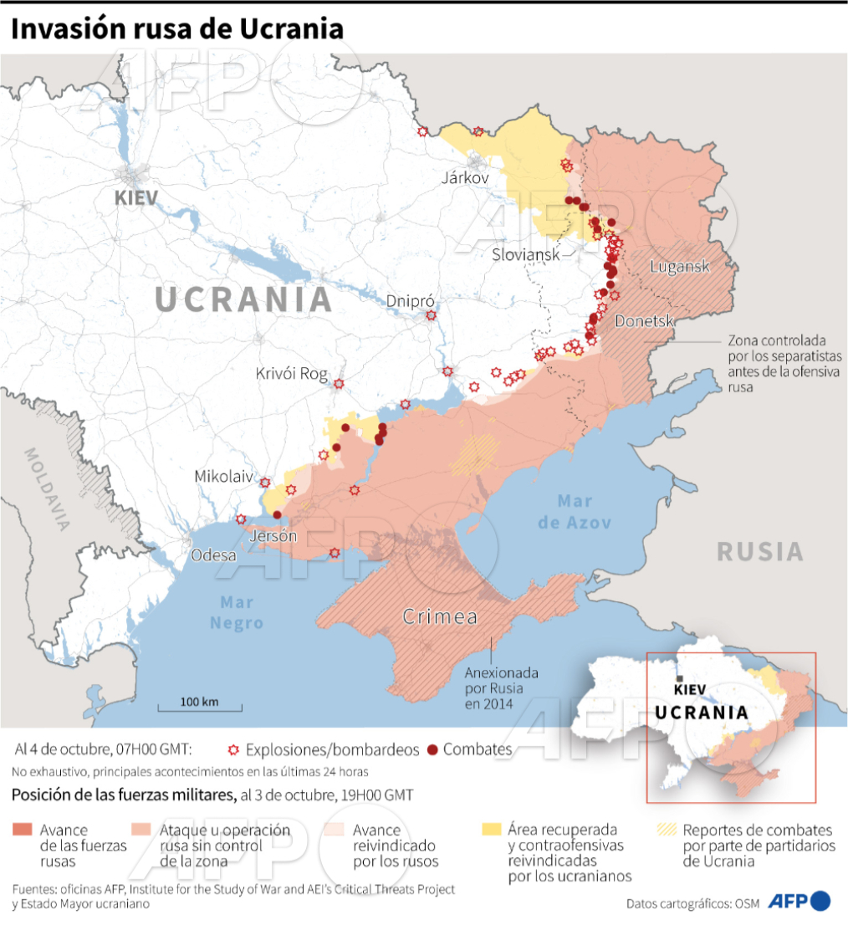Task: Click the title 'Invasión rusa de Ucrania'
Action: point(177,28)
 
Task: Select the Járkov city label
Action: point(465,178)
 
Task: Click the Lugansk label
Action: point(680,267)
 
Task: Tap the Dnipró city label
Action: point(408,300)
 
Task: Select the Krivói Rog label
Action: point(292,374)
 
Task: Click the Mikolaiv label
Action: point(223,476)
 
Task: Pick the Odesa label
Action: point(213,554)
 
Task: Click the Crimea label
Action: point(440,617)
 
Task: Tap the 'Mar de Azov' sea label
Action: point(574,512)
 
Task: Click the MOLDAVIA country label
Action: point(47,489)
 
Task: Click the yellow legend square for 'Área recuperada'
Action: point(491,829)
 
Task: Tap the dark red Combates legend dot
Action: point(432,749)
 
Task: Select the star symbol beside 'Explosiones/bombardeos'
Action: point(233,749)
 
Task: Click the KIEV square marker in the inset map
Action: point(682,678)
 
